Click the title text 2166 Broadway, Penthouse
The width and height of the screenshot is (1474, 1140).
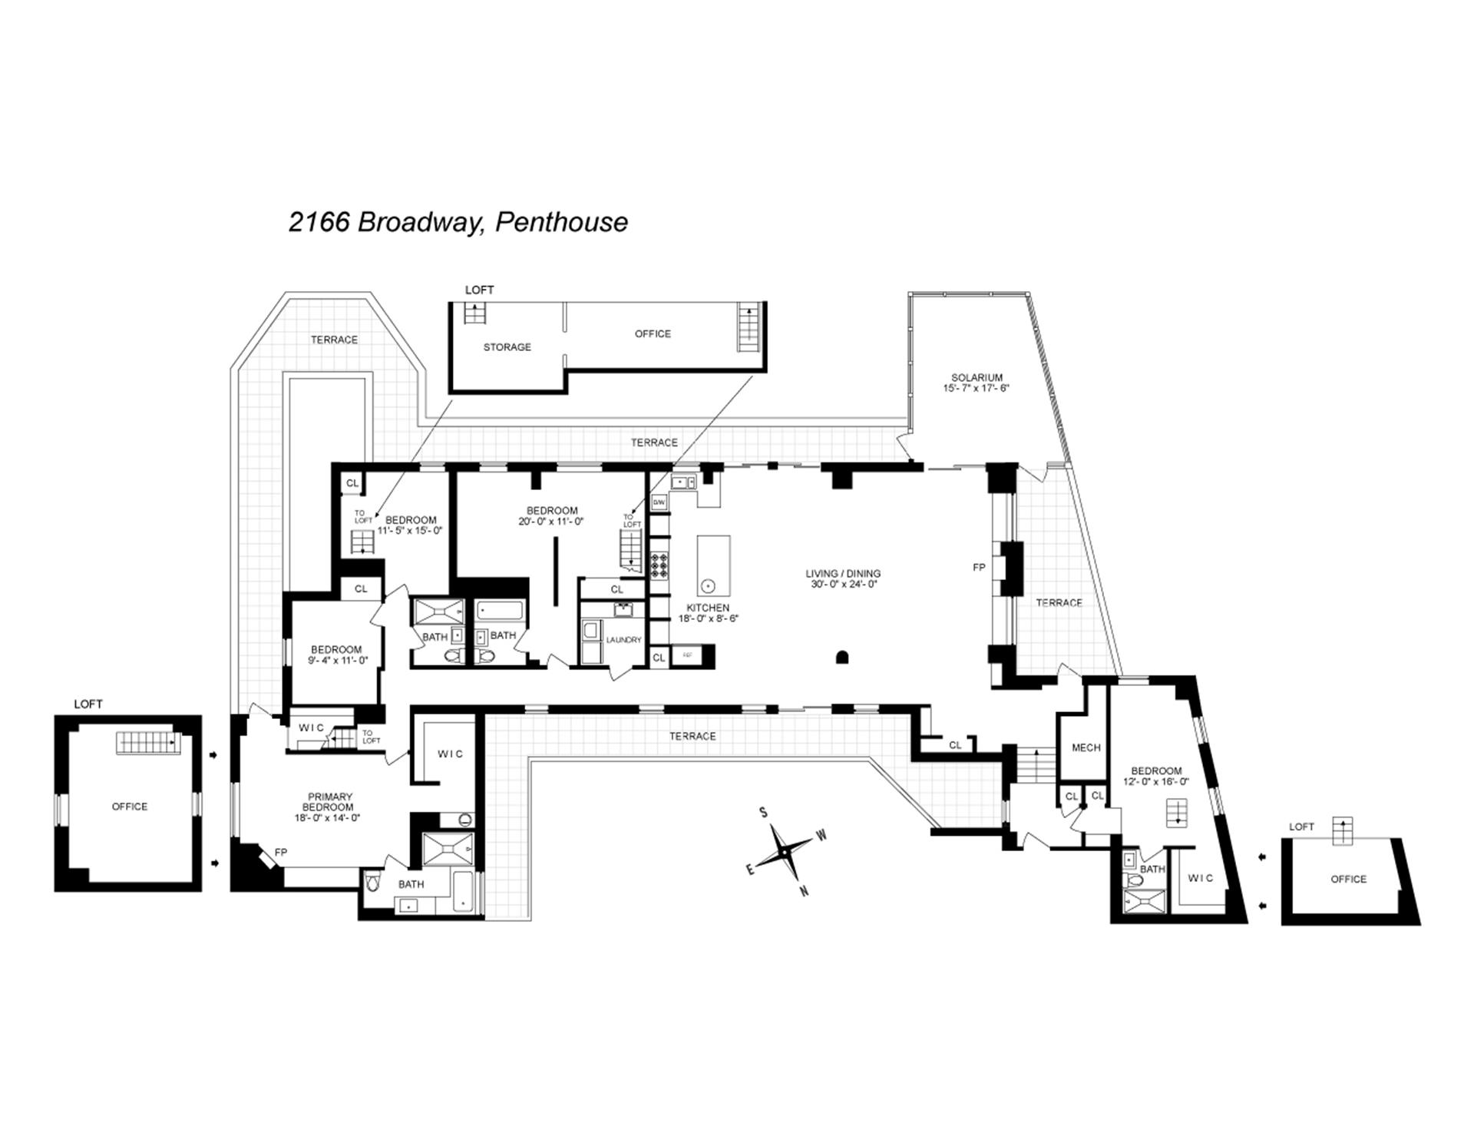click(x=458, y=222)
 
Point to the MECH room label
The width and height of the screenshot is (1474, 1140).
click(x=1086, y=747)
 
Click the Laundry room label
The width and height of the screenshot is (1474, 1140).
click(x=623, y=640)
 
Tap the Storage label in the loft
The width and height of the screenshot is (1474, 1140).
click(x=507, y=347)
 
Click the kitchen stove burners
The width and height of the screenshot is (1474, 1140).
click(x=659, y=565)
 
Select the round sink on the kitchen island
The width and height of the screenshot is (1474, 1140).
click(x=708, y=586)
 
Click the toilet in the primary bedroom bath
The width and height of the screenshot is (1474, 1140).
click(x=373, y=883)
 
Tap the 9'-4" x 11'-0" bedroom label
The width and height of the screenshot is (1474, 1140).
click(x=336, y=655)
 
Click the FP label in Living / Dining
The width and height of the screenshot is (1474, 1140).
click(x=979, y=568)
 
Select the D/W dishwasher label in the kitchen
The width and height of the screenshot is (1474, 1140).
click(x=659, y=502)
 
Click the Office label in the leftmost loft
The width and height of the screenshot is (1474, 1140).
click(x=129, y=807)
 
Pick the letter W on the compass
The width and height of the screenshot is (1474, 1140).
click(x=821, y=835)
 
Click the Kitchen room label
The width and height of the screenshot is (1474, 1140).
click(x=707, y=613)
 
